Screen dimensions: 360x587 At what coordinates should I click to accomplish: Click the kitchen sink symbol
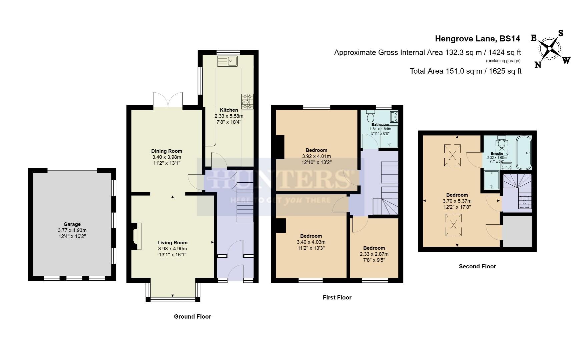coord(227,61)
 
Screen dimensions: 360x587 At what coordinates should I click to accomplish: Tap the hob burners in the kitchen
coord(247,102)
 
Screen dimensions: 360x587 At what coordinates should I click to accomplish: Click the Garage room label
coord(72,224)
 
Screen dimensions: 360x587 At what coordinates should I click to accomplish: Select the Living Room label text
coord(172,243)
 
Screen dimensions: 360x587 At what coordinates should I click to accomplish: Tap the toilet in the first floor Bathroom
coord(371,116)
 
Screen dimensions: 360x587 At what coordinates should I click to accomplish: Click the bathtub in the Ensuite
coord(523,153)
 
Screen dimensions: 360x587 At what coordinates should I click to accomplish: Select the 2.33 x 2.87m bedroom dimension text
coord(374,254)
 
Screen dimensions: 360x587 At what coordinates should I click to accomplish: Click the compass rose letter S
coord(561,33)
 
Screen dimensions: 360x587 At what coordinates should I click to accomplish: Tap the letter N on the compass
coord(538,65)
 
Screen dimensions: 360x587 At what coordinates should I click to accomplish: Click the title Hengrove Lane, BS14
coord(477,39)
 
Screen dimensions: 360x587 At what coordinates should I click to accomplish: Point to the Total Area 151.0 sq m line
coord(465,71)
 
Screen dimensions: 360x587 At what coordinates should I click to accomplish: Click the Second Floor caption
coord(477,266)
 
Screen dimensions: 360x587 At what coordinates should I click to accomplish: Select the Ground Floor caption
coord(192,317)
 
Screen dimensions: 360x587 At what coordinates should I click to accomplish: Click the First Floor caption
coord(337,297)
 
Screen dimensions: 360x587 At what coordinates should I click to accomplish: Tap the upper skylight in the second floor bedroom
coord(453,155)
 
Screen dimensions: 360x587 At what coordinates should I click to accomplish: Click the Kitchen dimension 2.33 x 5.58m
coord(229,116)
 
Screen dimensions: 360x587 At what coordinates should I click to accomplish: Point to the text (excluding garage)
coord(503,61)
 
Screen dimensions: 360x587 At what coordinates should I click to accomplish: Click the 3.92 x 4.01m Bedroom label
coord(316,156)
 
